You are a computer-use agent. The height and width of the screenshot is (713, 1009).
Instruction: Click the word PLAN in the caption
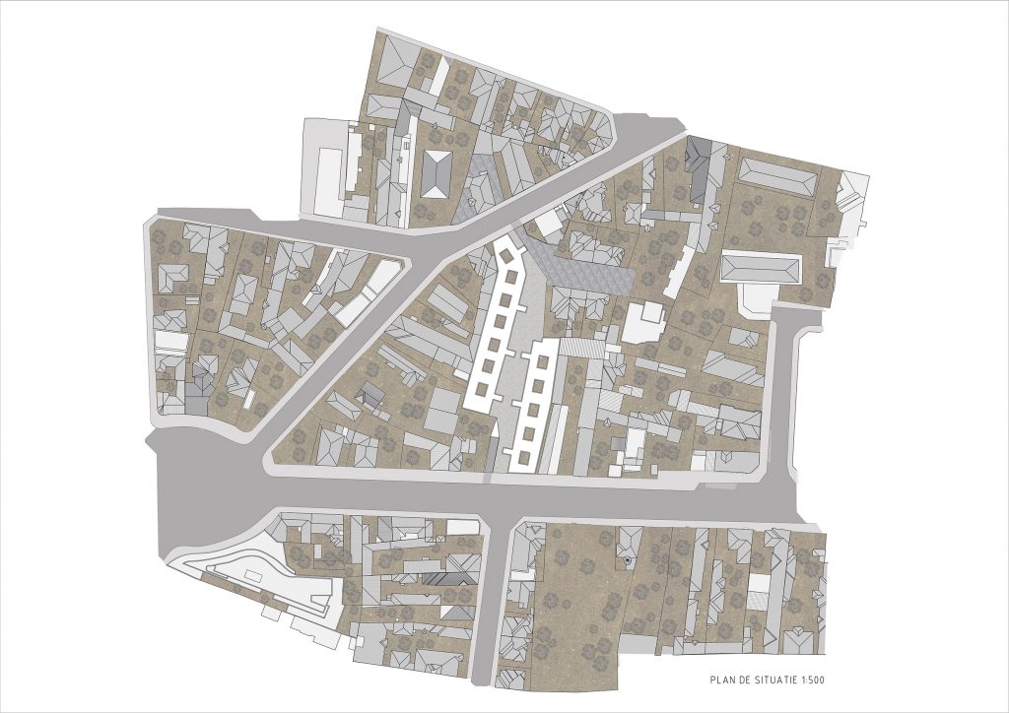[722, 680]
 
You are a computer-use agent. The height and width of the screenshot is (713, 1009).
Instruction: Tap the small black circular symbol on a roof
[627, 562]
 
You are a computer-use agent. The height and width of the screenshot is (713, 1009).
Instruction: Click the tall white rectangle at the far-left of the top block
[325, 180]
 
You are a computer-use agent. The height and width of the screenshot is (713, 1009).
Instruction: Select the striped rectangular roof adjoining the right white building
[582, 348]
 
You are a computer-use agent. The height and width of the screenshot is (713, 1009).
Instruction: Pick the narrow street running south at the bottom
[490, 611]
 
